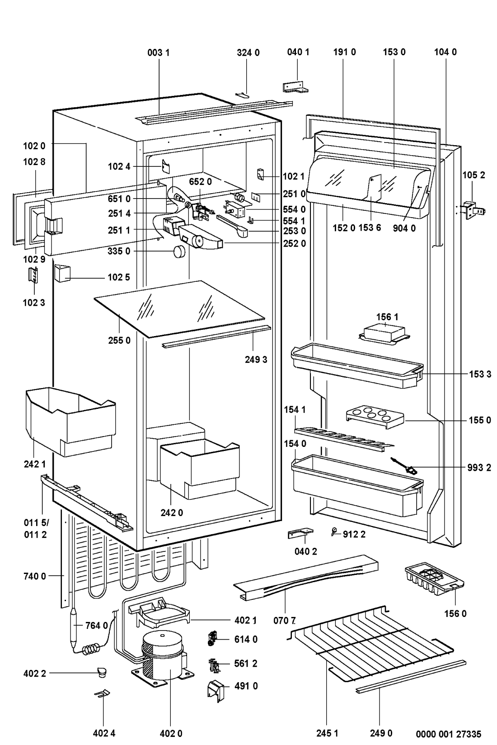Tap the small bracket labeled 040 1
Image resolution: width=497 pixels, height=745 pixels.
[296, 87]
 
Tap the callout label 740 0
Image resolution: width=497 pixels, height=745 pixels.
[34, 576]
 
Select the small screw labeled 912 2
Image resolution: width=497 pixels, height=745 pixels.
[334, 533]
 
